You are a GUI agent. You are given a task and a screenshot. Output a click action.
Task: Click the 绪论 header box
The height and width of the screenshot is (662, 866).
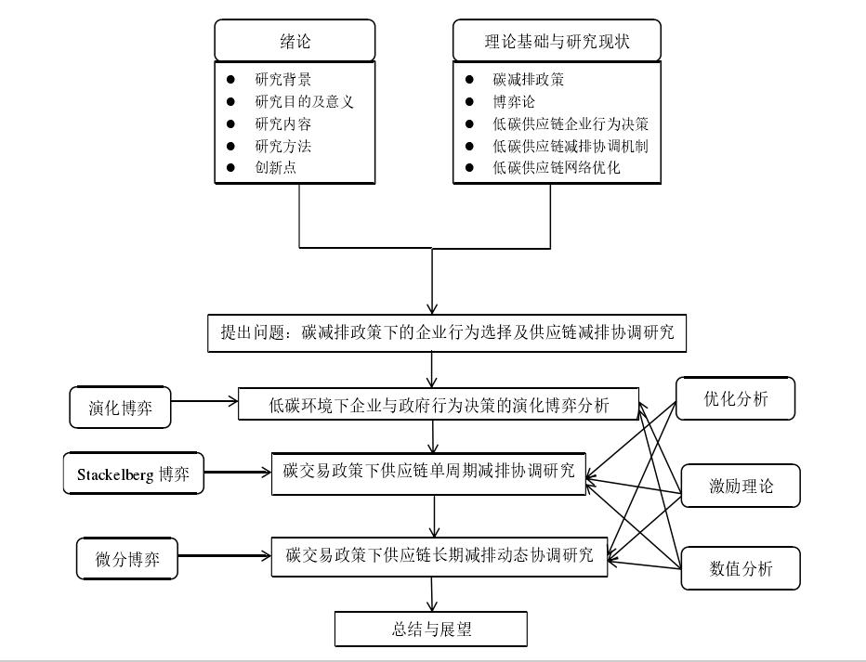pos(295,41)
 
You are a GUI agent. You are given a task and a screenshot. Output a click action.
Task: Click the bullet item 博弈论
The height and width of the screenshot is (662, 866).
pos(514,101)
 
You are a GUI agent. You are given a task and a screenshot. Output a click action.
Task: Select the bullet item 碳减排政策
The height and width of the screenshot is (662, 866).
pos(529,79)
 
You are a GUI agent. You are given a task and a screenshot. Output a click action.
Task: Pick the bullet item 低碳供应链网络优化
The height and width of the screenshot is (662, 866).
pos(557,168)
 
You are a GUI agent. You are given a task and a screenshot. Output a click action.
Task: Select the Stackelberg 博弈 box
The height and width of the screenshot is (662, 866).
pos(133,474)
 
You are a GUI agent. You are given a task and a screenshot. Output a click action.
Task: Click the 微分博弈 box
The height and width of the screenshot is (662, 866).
pos(126,560)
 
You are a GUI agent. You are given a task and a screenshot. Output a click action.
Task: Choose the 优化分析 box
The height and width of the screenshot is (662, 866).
pos(735,399)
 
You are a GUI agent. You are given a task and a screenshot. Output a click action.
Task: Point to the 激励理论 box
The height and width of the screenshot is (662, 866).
pos(740,486)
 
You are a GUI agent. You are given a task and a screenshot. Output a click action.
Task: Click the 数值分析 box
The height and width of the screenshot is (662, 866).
pos(740,568)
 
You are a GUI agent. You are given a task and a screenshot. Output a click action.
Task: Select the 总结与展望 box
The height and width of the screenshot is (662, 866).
pos(432,629)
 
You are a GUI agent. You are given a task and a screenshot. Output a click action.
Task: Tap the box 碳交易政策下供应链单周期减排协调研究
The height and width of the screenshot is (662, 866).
pos(428,473)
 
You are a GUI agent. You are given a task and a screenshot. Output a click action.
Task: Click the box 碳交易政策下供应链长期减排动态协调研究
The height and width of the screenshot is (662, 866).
pos(440,555)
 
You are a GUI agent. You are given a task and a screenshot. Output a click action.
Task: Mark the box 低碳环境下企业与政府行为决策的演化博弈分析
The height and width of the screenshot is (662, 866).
pos(440,404)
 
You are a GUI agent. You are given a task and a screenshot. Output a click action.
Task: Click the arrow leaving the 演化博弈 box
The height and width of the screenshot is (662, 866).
pos(204,403)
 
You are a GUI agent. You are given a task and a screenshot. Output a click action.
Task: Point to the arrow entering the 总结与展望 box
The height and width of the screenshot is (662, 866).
pos(432,594)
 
